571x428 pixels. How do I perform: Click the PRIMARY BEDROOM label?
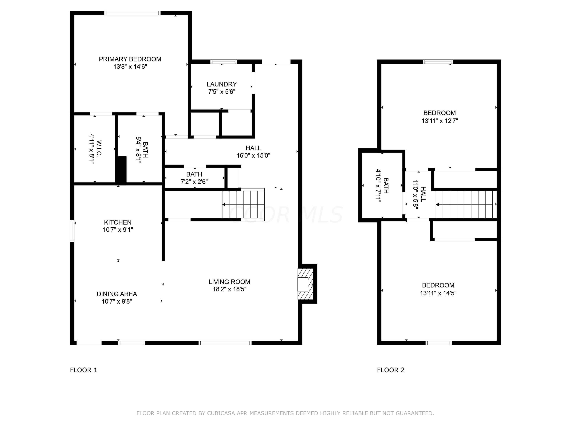[x=130, y=59]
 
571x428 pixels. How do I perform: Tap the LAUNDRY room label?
[x=222, y=84]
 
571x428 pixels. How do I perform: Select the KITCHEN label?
[x=118, y=222]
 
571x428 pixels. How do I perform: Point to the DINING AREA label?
[x=117, y=294]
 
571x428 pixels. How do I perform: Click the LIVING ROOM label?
[x=230, y=282]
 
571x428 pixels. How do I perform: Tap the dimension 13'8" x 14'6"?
[x=130, y=67]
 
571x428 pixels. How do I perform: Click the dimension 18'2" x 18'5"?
[x=230, y=289]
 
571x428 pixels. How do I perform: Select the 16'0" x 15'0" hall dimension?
[x=254, y=155]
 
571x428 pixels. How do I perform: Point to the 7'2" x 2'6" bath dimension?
[x=194, y=182]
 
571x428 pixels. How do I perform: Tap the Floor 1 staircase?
[x=243, y=204]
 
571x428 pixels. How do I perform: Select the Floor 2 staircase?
[x=466, y=204]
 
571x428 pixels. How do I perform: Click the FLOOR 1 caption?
[x=84, y=370]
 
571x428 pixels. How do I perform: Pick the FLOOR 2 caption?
[x=391, y=370]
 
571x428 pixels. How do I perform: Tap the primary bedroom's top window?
[x=132, y=13]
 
